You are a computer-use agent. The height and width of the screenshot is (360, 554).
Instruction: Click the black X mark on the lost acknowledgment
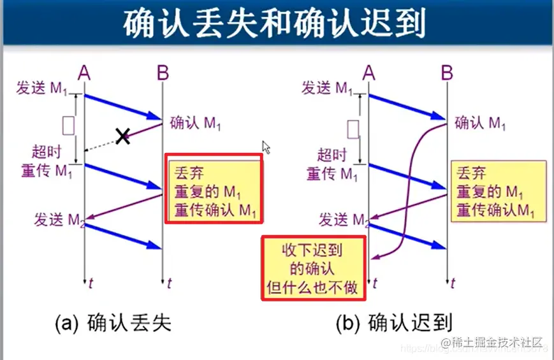tap(122, 135)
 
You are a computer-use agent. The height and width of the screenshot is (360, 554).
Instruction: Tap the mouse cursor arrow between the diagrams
tap(266, 147)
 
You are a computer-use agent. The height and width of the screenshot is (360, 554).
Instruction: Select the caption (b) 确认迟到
tap(394, 323)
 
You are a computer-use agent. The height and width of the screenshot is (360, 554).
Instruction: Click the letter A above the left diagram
tap(84, 73)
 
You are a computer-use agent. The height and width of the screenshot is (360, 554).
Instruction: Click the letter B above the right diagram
tap(446, 73)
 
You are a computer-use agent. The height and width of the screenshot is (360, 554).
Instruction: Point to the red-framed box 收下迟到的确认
tap(314, 268)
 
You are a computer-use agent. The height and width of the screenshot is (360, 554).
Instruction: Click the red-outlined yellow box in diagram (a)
tap(214, 188)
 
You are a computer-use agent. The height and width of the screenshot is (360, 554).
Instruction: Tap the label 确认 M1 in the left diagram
tap(195, 124)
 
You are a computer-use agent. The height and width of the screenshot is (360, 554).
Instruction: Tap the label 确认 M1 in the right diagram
tap(480, 123)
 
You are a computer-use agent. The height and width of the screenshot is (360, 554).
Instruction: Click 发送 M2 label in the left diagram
tap(59, 220)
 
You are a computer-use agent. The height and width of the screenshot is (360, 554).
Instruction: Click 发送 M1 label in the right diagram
tap(327, 88)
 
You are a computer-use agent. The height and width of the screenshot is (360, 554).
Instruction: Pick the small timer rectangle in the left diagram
tap(68, 125)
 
